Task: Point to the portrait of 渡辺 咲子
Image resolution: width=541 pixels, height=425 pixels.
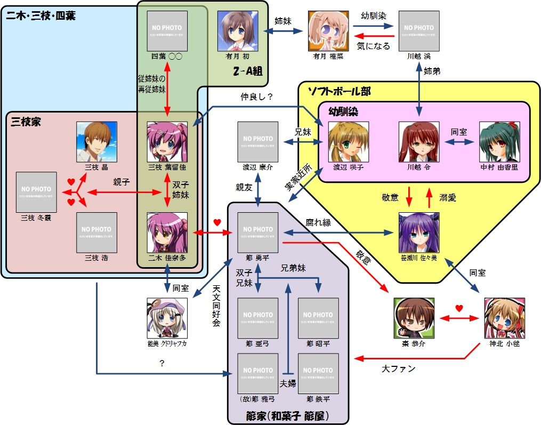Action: tap(348, 142)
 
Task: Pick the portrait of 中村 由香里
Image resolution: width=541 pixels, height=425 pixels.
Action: tap(499, 142)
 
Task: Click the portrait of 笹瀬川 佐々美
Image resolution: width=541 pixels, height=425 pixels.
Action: tap(419, 232)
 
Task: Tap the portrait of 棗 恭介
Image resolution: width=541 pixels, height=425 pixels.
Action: tap(414, 318)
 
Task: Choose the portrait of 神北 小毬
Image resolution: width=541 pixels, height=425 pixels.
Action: tap(504, 318)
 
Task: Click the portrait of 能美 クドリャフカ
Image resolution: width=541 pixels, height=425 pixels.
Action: tap(167, 318)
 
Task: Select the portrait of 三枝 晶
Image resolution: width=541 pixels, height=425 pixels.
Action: tap(96, 142)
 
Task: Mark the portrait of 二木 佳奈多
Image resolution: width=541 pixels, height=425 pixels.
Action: tap(167, 232)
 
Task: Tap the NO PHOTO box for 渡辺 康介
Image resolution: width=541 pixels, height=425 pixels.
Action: tap(258, 142)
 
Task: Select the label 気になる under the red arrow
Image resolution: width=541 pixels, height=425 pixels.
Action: tap(373, 46)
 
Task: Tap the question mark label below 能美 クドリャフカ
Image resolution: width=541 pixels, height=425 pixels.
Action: tap(161, 363)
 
